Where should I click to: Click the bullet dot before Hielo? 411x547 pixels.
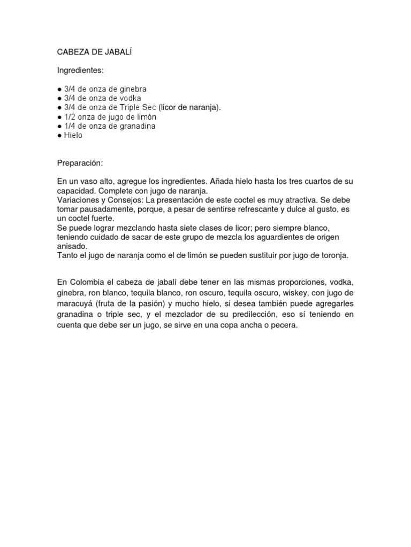click(x=59, y=136)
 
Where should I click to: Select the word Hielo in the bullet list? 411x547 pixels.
click(x=73, y=136)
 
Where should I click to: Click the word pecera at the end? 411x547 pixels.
click(x=284, y=325)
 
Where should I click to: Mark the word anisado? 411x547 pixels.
click(x=72, y=246)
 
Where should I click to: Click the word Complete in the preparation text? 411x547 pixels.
click(x=113, y=191)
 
